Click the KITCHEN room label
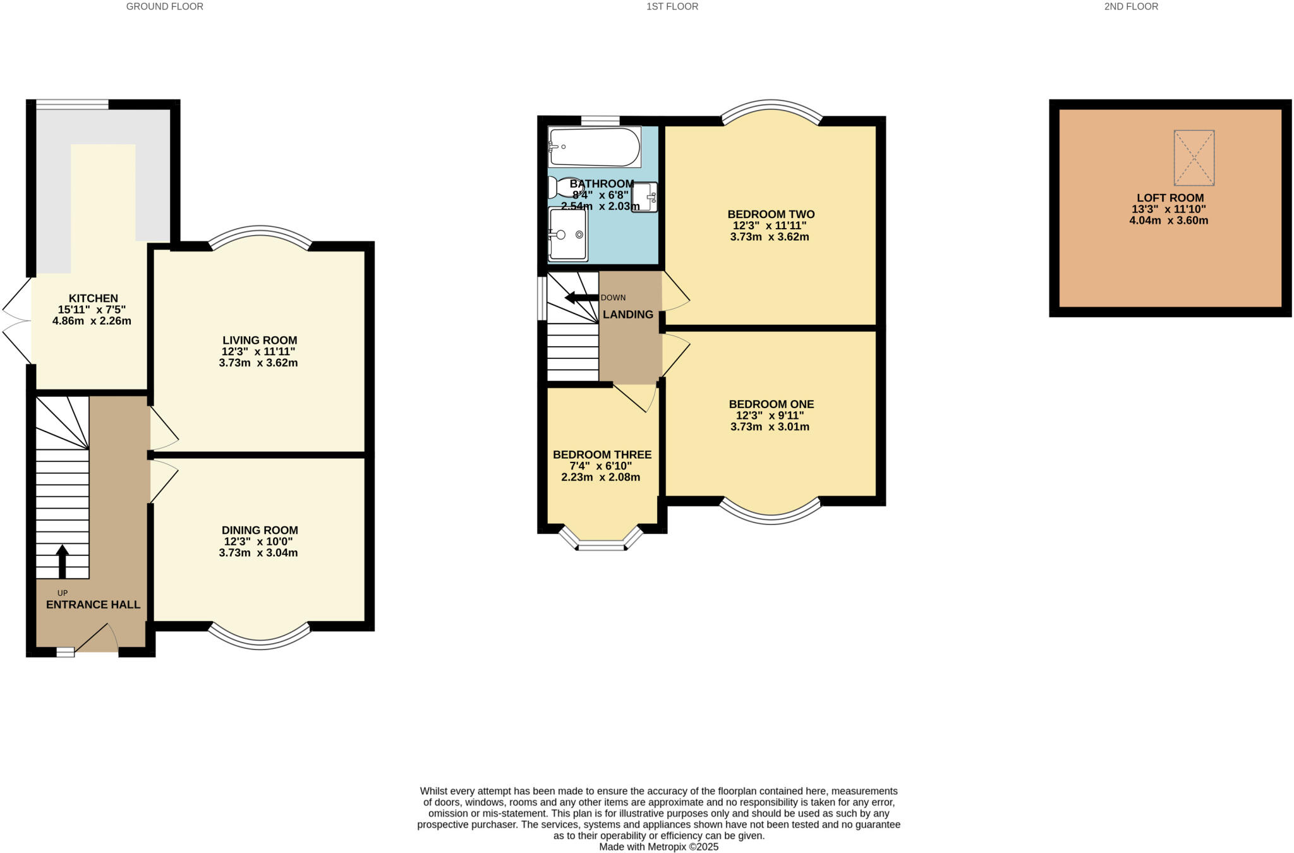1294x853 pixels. [93, 298]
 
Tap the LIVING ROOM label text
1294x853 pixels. [259, 341]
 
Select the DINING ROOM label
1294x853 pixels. [260, 530]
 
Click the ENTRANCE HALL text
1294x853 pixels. [93, 605]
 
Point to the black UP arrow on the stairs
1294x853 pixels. [62, 561]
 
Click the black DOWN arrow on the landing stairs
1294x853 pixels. [581, 298]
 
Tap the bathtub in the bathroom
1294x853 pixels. [593, 147]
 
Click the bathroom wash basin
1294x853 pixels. [645, 197]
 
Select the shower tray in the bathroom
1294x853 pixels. [568, 234]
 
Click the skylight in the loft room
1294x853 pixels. [1194, 158]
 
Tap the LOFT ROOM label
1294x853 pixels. [1170, 198]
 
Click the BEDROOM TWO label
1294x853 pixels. [771, 214]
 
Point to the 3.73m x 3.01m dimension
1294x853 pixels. [770, 427]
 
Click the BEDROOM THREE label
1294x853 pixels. [602, 455]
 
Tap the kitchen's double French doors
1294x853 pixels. [17, 322]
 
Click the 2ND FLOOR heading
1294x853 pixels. [1131, 7]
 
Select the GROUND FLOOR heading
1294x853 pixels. [164, 7]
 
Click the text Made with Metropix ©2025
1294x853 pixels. [658, 847]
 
